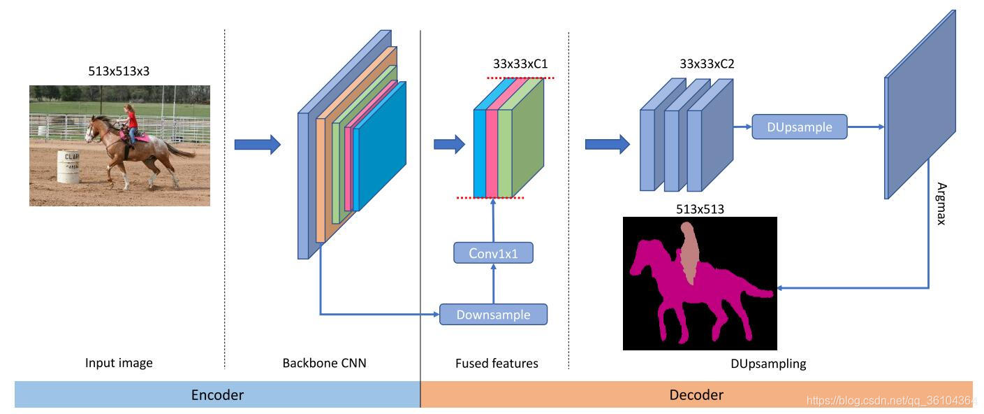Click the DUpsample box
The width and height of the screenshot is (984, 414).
tap(799, 127)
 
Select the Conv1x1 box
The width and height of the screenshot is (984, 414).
tap(493, 253)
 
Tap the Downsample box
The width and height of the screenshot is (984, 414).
tap(493, 315)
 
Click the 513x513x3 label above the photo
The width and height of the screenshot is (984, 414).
tap(119, 71)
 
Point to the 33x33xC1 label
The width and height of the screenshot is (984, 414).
tap(520, 64)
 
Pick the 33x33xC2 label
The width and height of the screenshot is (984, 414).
tap(707, 64)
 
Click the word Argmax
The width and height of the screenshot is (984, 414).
tap(941, 204)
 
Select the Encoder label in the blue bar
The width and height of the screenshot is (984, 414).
tap(217, 394)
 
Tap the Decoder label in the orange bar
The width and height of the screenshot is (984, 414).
tap(696, 394)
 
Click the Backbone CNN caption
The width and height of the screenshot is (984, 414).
tap(324, 363)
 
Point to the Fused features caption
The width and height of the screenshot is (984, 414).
tap(497, 363)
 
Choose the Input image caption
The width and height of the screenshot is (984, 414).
tap(119, 363)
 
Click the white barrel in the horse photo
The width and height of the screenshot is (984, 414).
tap(68, 167)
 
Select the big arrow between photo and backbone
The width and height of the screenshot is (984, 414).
tap(257, 145)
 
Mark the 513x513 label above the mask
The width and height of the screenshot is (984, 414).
tap(700, 209)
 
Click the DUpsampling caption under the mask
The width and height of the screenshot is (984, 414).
tap(768, 363)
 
